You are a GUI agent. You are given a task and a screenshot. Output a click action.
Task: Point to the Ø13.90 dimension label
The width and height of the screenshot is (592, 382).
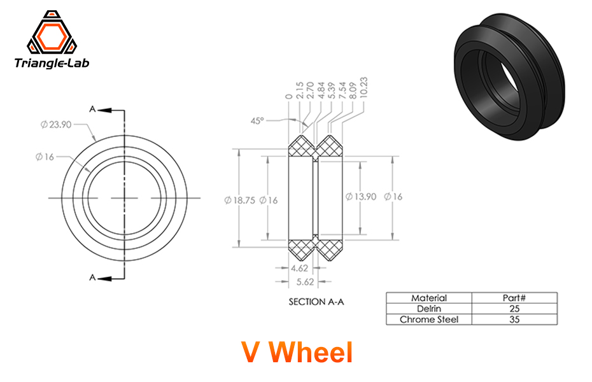[x=360, y=197]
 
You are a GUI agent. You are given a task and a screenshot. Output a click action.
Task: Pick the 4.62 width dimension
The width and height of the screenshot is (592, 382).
[x=299, y=268]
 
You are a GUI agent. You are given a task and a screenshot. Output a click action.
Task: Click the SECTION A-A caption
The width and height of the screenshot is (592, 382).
[x=316, y=302]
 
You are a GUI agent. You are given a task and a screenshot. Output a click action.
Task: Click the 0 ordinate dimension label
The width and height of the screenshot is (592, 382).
[x=289, y=96]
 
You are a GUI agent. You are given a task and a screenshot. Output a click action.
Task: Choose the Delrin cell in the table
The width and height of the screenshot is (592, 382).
[x=428, y=309]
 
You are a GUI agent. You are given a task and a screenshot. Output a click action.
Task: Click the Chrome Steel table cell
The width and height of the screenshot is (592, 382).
[x=428, y=319]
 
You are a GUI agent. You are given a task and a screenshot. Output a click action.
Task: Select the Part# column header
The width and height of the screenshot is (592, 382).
[x=514, y=298]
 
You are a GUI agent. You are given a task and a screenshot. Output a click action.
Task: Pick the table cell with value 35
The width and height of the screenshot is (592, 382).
[x=514, y=319]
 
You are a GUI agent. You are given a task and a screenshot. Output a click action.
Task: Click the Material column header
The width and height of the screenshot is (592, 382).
[x=428, y=298]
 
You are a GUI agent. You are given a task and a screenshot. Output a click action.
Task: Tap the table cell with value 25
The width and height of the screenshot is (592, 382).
[x=514, y=309]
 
